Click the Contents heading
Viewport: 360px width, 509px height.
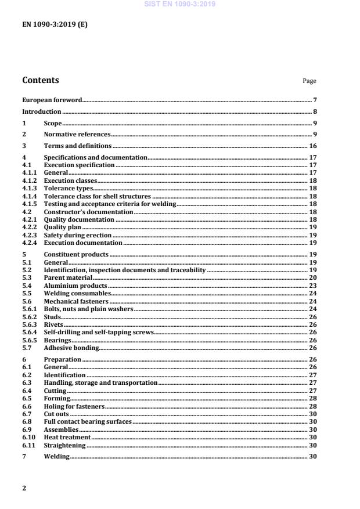(x=40, y=80)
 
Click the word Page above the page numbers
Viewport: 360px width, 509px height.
(x=309, y=81)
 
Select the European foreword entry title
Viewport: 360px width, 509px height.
(x=52, y=100)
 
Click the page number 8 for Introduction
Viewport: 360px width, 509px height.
(x=315, y=111)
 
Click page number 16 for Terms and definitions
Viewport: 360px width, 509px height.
(x=312, y=146)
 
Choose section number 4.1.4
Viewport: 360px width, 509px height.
(x=29, y=197)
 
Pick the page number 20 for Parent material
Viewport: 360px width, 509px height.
(x=312, y=277)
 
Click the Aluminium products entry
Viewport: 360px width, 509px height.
(x=75, y=286)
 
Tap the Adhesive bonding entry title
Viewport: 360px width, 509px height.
(x=71, y=348)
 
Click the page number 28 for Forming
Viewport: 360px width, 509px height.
(x=312, y=398)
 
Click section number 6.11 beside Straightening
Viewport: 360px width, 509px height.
(x=28, y=445)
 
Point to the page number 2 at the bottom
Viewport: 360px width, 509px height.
(x=24, y=488)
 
